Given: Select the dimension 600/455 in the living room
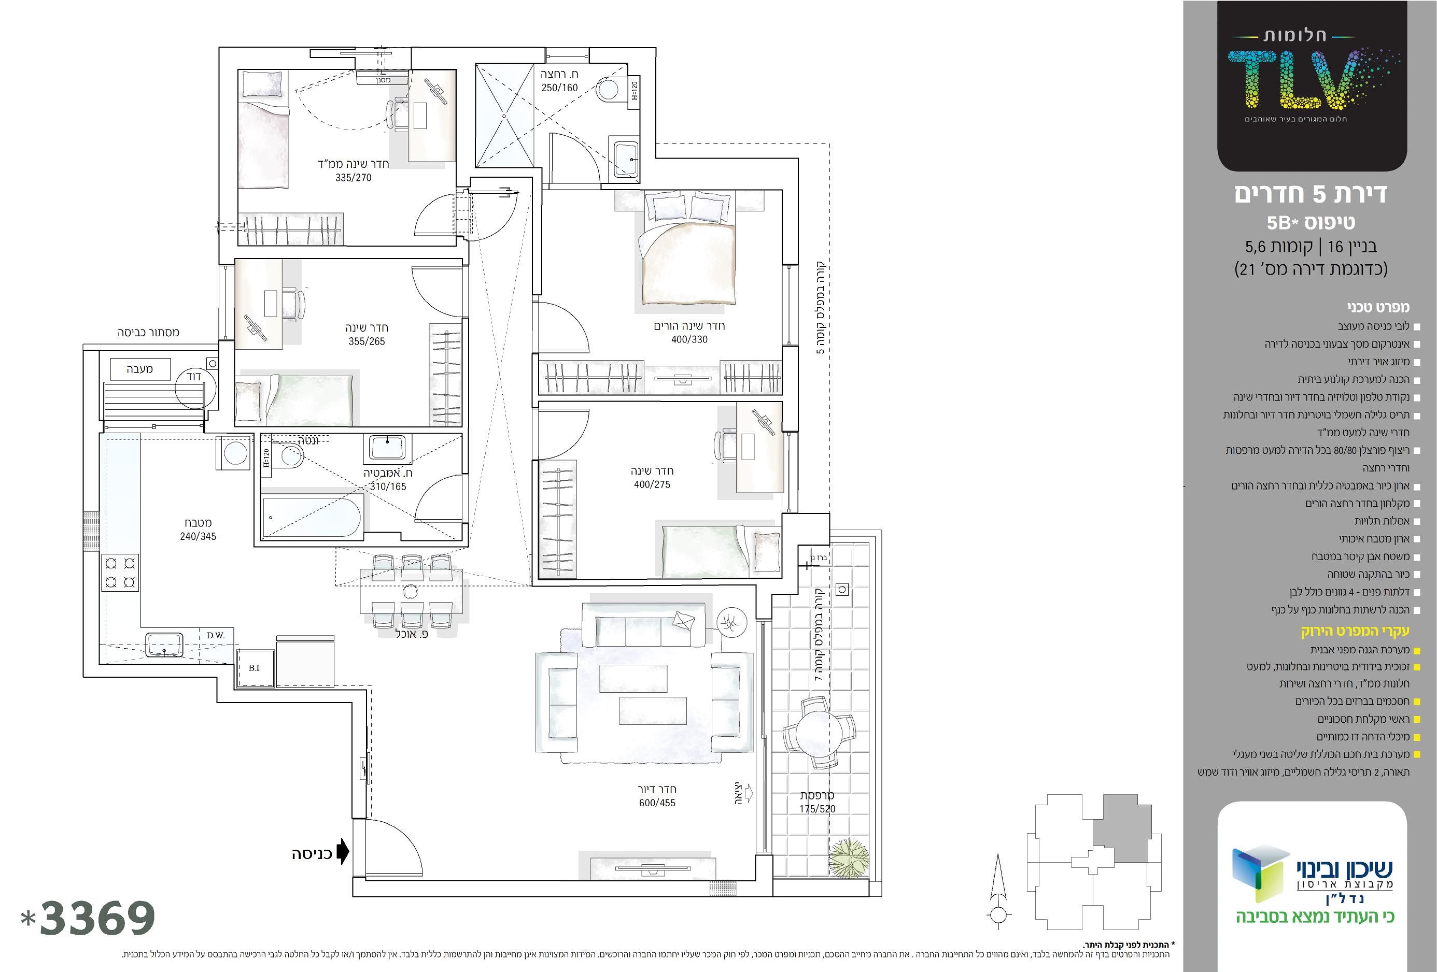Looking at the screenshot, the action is [657, 803].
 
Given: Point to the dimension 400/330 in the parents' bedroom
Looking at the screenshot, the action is [689, 339].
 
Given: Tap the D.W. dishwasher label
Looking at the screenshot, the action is [216, 635].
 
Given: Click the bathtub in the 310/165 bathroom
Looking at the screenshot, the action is [312, 517].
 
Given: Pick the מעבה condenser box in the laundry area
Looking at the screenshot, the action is [140, 369].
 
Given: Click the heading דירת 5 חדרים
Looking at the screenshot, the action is [1311, 194].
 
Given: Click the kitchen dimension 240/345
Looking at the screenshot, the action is [198, 537].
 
